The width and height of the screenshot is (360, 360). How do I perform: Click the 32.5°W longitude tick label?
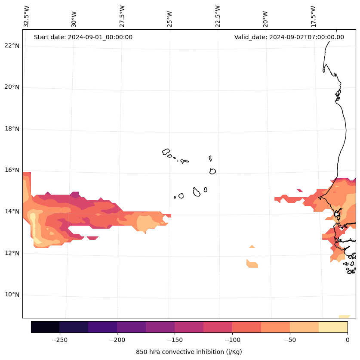tap(27, 16)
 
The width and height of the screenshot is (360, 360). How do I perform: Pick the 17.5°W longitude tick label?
tap(314, 16)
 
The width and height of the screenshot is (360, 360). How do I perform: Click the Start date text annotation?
tap(83, 37)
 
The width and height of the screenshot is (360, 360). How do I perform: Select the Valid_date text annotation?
tap(289, 37)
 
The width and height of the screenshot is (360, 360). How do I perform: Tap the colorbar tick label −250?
tap(59, 340)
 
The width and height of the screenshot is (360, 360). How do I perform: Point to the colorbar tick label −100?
tap(232, 340)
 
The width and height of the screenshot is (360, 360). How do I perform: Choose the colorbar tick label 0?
tap(348, 340)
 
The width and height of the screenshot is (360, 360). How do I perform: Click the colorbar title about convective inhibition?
tap(189, 352)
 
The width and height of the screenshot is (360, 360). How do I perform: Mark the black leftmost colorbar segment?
tap(45, 327)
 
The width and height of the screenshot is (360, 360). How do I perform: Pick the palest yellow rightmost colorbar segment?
tap(333, 327)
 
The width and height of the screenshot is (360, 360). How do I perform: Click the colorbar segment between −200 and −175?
tap(131, 327)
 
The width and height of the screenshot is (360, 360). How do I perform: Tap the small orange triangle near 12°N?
tap(252, 247)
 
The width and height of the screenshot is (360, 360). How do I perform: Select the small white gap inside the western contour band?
tap(92, 238)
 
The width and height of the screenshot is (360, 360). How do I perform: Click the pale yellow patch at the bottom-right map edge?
tap(345, 317)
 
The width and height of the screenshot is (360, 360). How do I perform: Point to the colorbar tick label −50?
tap(290, 340)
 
